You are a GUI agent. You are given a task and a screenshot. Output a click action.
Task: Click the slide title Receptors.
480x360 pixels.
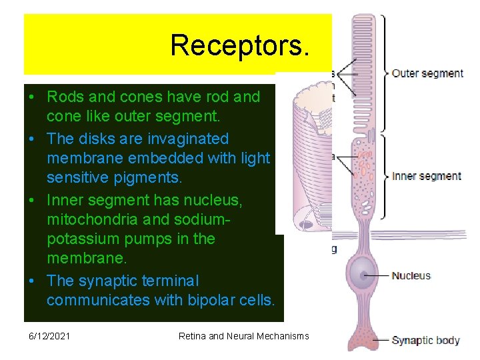pyautogui.click(x=239, y=45)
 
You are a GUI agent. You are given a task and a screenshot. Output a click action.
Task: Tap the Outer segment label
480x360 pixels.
pyautogui.click(x=427, y=73)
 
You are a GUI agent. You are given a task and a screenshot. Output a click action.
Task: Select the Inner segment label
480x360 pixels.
pyautogui.click(x=427, y=176)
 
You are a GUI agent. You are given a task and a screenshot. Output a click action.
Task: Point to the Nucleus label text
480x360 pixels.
pyautogui.click(x=411, y=275)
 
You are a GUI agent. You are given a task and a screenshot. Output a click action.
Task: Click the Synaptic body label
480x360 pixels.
pyautogui.click(x=425, y=340)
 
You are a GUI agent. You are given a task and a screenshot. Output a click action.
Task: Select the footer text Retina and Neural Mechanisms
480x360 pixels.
pyautogui.click(x=243, y=336)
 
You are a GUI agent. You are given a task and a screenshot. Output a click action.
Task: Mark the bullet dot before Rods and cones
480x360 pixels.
pyautogui.click(x=32, y=97)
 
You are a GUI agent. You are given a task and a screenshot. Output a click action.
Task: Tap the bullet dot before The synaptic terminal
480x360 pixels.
pyautogui.click(x=32, y=281)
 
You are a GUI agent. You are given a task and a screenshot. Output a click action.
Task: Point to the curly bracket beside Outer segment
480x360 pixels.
pyautogui.click(x=387, y=73)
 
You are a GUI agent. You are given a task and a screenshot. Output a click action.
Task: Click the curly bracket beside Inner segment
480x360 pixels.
pyautogui.click(x=387, y=176)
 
